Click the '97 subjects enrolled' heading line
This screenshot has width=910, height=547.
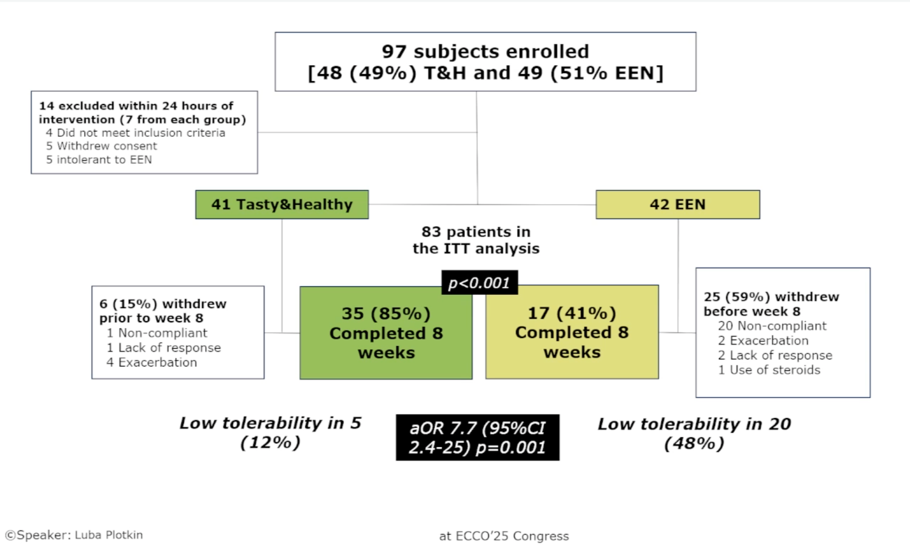(485, 51)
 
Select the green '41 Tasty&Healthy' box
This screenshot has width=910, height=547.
(282, 205)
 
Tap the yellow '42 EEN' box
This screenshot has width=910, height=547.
(678, 205)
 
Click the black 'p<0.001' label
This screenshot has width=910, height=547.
(479, 283)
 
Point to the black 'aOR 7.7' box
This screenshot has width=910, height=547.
(477, 437)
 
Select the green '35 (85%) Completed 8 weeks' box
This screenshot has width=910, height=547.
(386, 333)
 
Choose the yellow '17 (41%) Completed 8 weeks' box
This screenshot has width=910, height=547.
(572, 332)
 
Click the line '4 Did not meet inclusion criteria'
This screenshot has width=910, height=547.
(136, 132)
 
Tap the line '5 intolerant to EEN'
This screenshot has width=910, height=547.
(99, 160)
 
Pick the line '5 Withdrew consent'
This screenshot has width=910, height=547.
(101, 146)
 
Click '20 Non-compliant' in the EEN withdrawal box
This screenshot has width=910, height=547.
(772, 326)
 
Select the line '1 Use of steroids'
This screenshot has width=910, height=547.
(769, 370)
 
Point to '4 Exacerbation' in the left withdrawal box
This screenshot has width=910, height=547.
(152, 362)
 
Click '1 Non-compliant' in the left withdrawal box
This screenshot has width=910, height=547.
(157, 333)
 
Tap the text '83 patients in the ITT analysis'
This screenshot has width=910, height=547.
(476, 240)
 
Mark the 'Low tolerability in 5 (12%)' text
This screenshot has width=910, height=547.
(270, 433)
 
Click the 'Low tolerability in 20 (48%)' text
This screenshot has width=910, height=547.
(694, 433)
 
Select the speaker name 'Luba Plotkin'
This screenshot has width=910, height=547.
(108, 535)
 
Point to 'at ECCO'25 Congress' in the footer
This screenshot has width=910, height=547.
(504, 536)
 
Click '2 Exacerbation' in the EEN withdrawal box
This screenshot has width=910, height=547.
(763, 340)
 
